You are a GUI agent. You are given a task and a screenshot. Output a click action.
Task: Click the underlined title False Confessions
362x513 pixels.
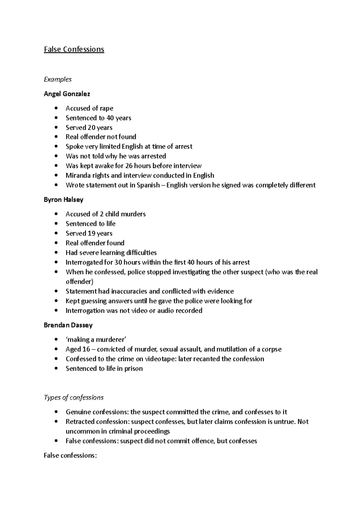pos(74,49)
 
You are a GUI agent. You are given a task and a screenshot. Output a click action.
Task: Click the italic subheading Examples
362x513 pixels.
pos(58,79)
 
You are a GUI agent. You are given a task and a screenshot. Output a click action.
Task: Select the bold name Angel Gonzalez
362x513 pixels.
pos(67,94)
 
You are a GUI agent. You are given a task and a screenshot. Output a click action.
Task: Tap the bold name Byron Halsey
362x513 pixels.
pos(63,200)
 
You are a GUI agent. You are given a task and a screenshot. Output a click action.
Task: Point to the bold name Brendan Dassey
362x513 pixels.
pos(68,325)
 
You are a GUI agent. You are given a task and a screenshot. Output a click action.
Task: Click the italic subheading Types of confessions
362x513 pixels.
pos(74,398)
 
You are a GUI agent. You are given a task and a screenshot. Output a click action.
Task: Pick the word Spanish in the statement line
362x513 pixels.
pos(148,185)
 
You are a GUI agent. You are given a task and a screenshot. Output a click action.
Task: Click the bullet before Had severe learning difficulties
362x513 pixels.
pos(56,253)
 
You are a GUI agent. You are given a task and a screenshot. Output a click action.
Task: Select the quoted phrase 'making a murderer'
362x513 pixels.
pos(96,340)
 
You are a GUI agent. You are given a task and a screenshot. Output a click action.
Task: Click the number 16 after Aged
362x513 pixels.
pos(86,349)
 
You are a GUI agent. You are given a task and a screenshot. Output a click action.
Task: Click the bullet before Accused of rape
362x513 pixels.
pos(56,108)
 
